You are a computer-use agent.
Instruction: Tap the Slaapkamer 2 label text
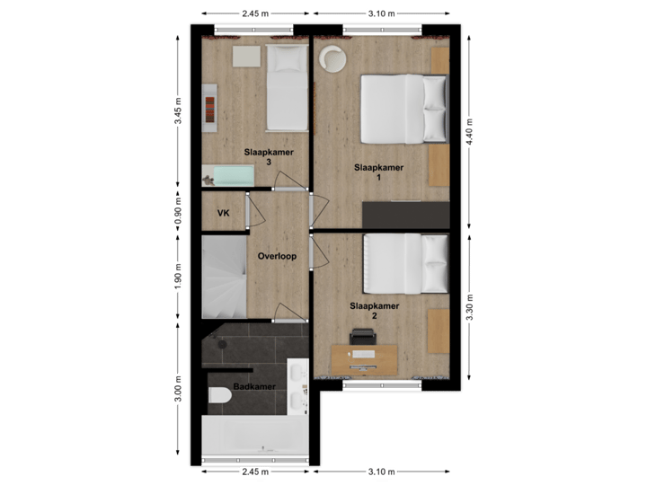coord(375,311)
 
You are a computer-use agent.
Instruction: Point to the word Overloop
coord(277,256)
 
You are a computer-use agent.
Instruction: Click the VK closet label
coord(222,214)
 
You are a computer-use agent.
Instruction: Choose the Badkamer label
coord(254,388)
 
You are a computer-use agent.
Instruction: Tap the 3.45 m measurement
coord(178,111)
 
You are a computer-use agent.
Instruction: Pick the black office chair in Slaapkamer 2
coord(362,337)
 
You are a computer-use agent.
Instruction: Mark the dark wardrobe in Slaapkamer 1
coord(404,216)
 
